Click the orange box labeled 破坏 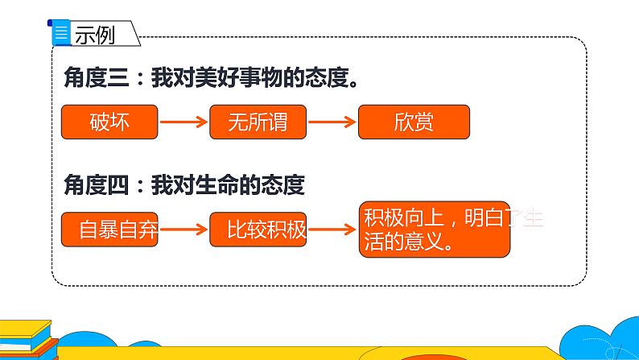click(x=109, y=122)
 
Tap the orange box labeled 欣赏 click(x=414, y=122)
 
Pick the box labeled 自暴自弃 click(x=109, y=230)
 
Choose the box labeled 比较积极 click(x=258, y=230)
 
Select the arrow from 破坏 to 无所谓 click(x=183, y=123)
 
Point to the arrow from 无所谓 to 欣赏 click(x=332, y=123)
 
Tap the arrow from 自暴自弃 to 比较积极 click(x=183, y=230)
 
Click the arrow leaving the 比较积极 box click(x=332, y=230)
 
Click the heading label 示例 click(x=97, y=35)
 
